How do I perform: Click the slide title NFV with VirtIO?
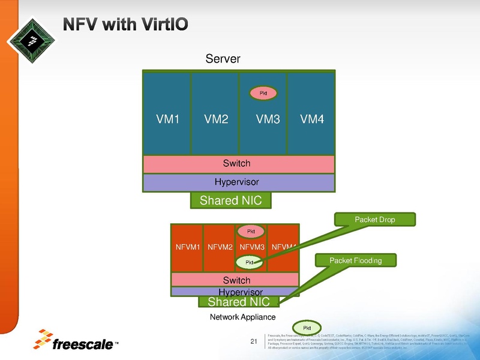(127, 24)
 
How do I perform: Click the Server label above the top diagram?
(223, 59)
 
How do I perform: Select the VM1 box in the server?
(167, 119)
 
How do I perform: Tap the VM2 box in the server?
(215, 119)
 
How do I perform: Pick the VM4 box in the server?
(311, 119)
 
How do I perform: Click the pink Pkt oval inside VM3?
(263, 92)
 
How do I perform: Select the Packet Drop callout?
(374, 220)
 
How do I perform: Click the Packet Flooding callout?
(355, 260)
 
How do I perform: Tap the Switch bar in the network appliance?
(236, 280)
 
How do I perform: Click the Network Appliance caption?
(242, 317)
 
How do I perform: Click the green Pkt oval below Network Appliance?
(307, 327)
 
